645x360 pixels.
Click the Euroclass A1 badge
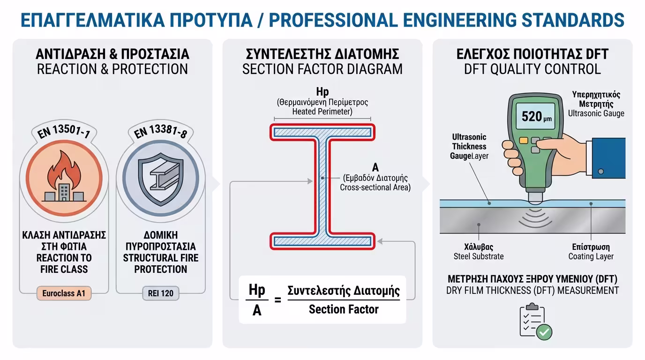click(x=64, y=294)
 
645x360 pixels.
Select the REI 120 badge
click(x=160, y=294)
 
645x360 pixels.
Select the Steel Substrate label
click(x=479, y=256)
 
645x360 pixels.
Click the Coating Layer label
click(x=591, y=256)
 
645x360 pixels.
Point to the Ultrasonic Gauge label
click(x=596, y=113)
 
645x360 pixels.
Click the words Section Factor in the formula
click(x=344, y=309)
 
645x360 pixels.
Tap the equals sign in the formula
click(x=277, y=300)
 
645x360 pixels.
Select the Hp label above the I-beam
click(x=322, y=92)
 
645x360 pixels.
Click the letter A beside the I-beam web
click(x=375, y=167)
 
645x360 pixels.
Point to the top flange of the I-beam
click(x=322, y=132)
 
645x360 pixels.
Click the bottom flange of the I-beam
click(x=322, y=241)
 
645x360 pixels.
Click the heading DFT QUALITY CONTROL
click(x=532, y=69)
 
